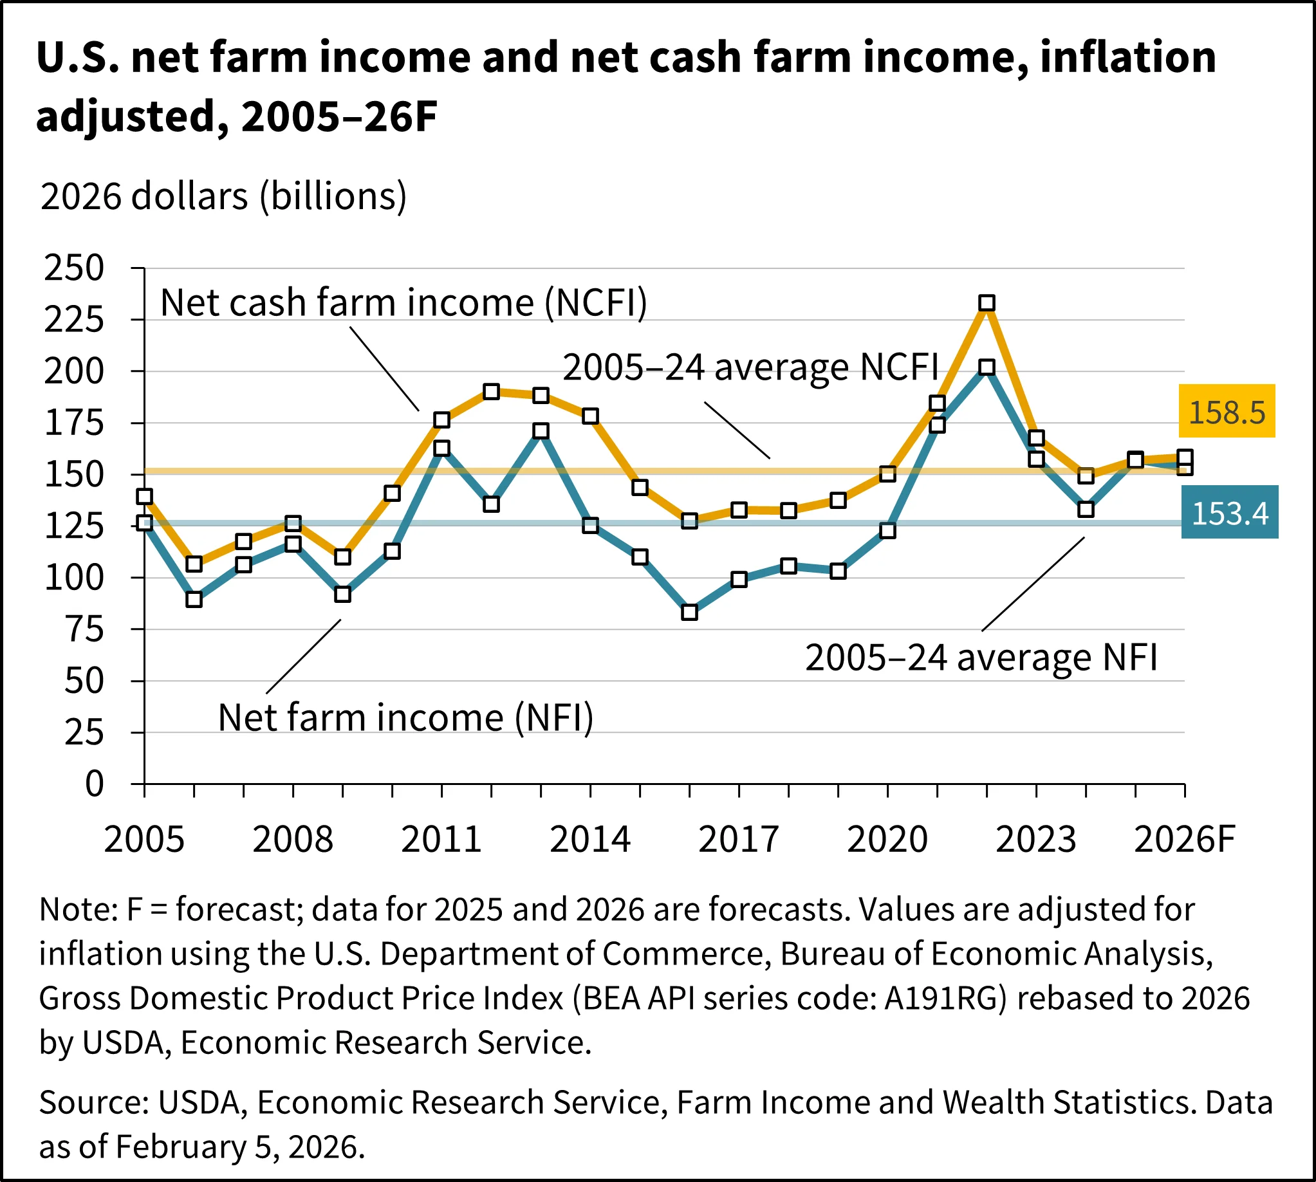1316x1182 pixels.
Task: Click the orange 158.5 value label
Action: (x=1227, y=411)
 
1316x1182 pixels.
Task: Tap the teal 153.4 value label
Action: (x=1229, y=512)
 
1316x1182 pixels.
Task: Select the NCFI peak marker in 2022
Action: (x=986, y=302)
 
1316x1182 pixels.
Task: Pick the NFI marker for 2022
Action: (x=986, y=367)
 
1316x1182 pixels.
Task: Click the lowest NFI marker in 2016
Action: (x=689, y=612)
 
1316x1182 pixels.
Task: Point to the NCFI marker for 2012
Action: (x=491, y=392)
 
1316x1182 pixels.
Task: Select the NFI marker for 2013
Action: (x=541, y=430)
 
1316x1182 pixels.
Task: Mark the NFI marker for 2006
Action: (x=194, y=599)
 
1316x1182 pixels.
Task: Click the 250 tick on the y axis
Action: (x=73, y=268)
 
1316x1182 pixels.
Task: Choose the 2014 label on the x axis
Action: (x=590, y=839)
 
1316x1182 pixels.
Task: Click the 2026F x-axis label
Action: (x=1183, y=839)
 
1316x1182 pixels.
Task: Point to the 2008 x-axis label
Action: (x=292, y=839)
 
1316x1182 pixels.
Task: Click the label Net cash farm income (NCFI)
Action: (x=403, y=302)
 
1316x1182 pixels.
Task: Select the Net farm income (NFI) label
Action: (x=405, y=717)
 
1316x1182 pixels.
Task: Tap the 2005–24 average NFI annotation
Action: (x=981, y=657)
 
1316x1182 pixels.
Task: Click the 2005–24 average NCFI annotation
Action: (x=750, y=367)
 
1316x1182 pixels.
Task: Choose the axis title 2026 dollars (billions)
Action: (x=223, y=196)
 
